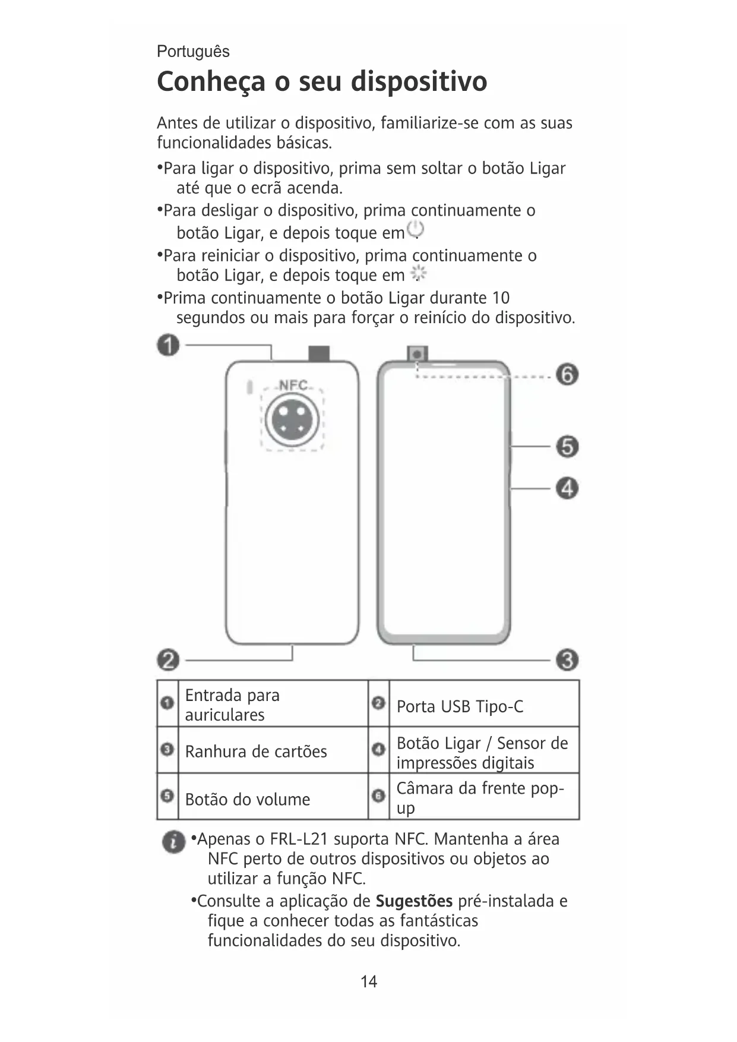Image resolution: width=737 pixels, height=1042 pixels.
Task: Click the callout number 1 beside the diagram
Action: (169, 345)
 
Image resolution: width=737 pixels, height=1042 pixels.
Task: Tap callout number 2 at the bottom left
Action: (169, 660)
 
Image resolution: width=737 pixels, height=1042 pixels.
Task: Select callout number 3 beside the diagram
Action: (567, 660)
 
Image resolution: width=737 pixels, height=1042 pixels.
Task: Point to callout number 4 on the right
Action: (567, 489)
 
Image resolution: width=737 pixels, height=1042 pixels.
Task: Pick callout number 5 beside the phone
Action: (567, 447)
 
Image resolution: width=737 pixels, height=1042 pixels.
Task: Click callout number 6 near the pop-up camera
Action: (567, 375)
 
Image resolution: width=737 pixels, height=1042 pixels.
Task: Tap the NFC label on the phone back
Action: (293, 385)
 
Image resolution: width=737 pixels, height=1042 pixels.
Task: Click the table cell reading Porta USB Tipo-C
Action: (460, 706)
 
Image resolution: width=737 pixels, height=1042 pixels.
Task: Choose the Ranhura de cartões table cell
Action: (256, 751)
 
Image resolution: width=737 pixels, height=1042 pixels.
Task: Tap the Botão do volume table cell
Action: (248, 800)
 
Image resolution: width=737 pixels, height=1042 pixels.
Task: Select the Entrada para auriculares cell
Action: (232, 705)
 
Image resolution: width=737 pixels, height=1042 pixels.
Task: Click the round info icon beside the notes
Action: (173, 842)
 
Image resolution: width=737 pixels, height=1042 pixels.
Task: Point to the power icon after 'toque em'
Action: (416, 230)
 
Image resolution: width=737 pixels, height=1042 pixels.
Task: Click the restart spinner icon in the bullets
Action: (419, 274)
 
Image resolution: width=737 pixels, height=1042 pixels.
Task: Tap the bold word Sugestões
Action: (414, 901)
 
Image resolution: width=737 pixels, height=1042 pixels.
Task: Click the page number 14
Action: (369, 981)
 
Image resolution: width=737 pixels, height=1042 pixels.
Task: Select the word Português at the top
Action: (193, 52)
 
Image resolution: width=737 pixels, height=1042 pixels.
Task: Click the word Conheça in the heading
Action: (211, 82)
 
